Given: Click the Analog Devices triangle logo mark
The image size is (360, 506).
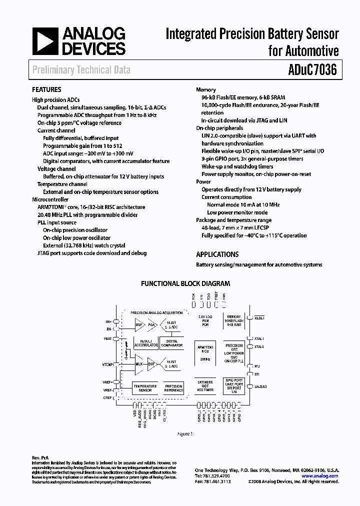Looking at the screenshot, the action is (44, 41).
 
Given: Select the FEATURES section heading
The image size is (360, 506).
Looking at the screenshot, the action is (46, 90).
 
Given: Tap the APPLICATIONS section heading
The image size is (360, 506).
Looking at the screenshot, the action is (217, 254).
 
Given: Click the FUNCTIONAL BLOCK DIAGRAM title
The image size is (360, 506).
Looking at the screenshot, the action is (185, 283).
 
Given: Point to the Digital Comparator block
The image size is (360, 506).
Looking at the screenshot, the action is (171, 342).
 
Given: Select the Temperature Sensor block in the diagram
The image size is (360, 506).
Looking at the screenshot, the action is (144, 388).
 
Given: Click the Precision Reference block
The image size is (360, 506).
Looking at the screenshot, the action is (173, 388).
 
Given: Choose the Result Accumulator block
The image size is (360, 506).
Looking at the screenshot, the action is (145, 342).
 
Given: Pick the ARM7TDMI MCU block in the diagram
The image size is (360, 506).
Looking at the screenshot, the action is (206, 352).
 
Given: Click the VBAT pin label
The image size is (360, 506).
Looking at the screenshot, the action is (107, 338).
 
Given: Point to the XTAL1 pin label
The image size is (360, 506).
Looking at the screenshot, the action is (259, 338).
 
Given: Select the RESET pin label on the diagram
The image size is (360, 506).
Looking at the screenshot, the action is (259, 318).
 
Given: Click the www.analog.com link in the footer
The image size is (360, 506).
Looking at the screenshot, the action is (320, 476).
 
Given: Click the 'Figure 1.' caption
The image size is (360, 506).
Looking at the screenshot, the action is (185, 434).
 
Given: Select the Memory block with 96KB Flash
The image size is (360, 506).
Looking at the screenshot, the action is (234, 320).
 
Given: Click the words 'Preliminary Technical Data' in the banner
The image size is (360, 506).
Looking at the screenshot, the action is (81, 70).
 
